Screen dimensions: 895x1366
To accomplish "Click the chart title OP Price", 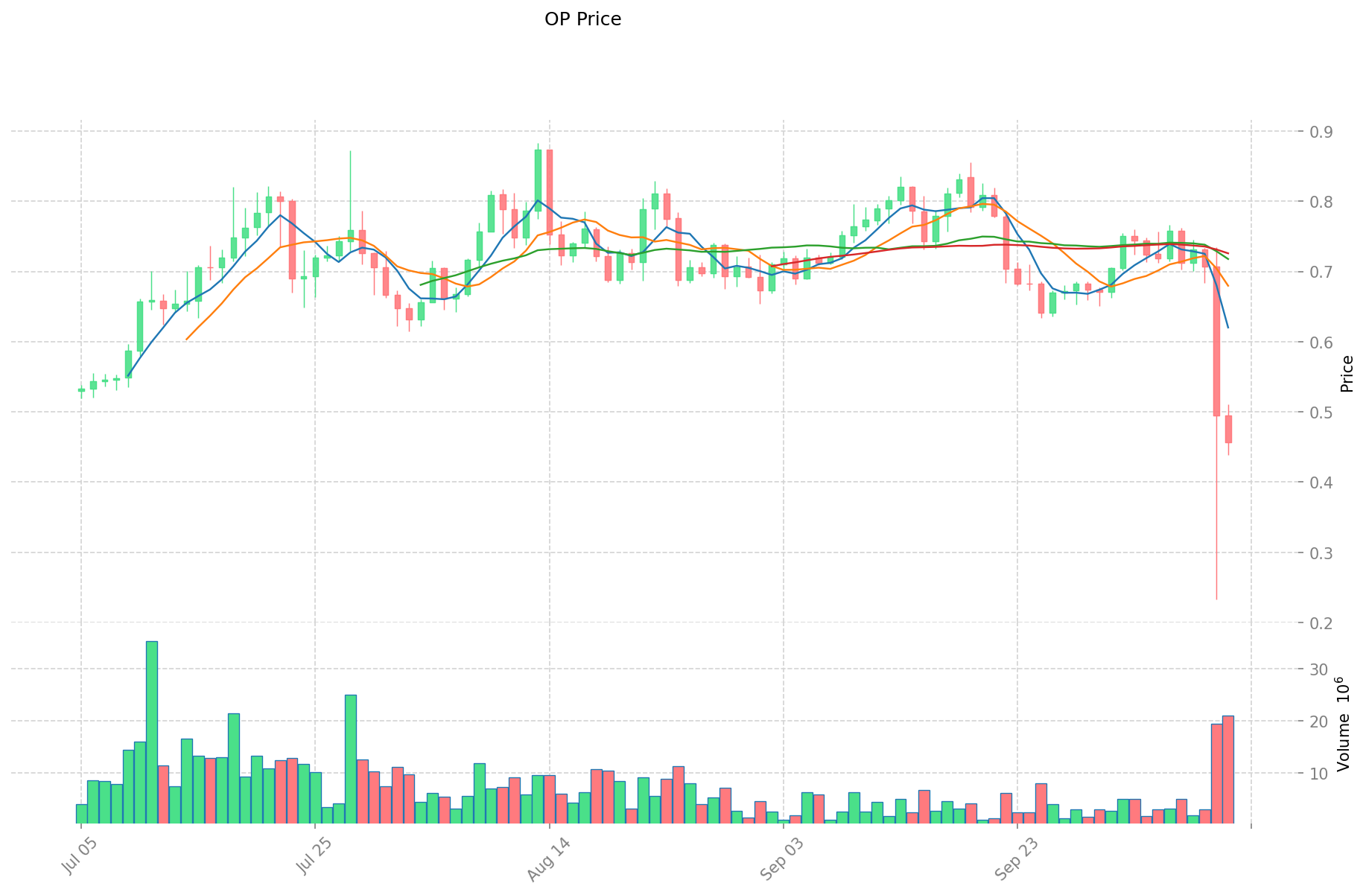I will tap(582, 19).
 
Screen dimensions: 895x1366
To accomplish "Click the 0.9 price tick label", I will tap(1317, 132).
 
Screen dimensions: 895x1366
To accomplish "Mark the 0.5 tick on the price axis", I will tap(1317, 413).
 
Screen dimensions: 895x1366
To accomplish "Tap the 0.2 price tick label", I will tap(1317, 623).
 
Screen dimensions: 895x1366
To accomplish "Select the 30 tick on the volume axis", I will tap(1318, 669).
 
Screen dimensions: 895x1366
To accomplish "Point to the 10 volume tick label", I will tap(1318, 774).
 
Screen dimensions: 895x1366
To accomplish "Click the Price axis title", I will tap(1346, 374).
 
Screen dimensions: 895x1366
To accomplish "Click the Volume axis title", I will tap(1342, 724).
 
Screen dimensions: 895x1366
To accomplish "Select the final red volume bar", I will tap(1228, 769).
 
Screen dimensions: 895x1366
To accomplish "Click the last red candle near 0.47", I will tap(1228, 429).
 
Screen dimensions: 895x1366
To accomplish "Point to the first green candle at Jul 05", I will tap(81, 389).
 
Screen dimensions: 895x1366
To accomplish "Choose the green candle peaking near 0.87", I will tap(538, 180).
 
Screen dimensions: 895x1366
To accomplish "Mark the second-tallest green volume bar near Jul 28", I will tap(350, 759).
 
